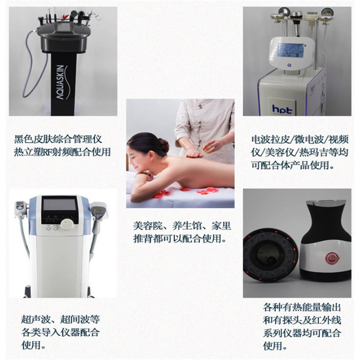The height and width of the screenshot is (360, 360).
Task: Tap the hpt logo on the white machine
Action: click(282, 109)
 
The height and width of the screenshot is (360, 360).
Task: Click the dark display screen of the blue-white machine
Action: click(60, 205)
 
